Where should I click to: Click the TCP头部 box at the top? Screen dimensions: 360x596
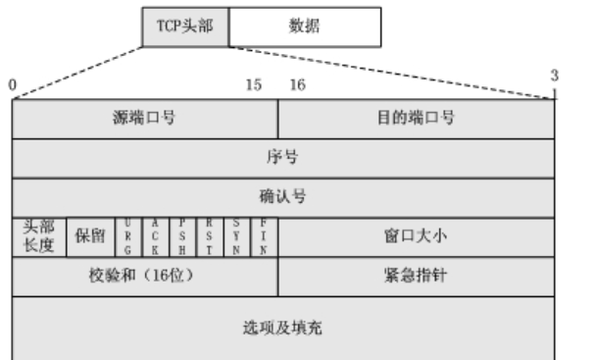(x=184, y=26)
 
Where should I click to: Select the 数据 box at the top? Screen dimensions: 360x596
(x=305, y=26)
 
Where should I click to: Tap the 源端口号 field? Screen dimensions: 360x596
(x=145, y=120)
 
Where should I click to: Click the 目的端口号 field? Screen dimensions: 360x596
(x=417, y=120)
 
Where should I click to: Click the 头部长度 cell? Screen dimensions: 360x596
(x=38, y=237)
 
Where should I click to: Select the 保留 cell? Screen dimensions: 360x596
(x=90, y=237)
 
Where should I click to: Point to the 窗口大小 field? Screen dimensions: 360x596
(x=417, y=237)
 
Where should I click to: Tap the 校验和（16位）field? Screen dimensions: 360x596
(x=145, y=276)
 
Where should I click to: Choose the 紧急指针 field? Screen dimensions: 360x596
(x=417, y=276)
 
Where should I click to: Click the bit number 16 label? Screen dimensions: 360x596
(x=297, y=85)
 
